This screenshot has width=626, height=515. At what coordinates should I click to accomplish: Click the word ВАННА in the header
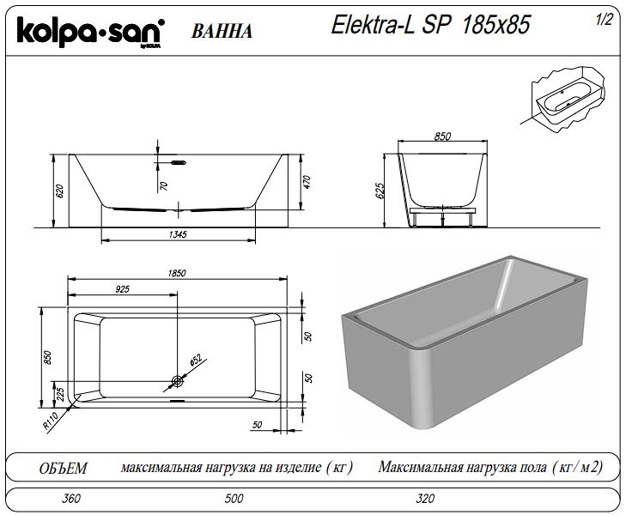(222, 32)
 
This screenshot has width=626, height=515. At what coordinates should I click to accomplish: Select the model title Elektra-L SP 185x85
(430, 25)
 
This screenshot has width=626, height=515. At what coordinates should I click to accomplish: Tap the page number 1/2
(604, 20)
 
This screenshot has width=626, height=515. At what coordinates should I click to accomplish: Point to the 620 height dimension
(60, 191)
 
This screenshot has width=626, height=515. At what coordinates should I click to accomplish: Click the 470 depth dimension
(307, 182)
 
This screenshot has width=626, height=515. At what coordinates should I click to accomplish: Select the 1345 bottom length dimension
(178, 234)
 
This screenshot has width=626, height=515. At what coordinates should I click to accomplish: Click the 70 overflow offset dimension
(163, 186)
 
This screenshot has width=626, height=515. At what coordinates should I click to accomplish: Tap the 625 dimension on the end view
(380, 191)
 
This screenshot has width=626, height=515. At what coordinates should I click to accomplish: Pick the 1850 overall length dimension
(177, 273)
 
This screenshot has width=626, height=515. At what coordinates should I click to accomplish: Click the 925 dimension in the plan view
(122, 289)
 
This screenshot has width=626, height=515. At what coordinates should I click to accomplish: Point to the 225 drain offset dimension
(60, 395)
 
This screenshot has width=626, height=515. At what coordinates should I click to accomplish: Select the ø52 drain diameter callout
(195, 360)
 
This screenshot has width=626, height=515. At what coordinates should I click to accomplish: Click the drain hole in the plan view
(177, 381)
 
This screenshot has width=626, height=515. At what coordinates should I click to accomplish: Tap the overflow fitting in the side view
(179, 162)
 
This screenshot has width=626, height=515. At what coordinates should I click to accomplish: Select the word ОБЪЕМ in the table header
(63, 468)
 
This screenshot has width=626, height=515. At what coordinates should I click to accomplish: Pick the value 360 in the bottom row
(71, 498)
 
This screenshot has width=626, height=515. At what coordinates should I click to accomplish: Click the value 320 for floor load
(425, 498)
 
